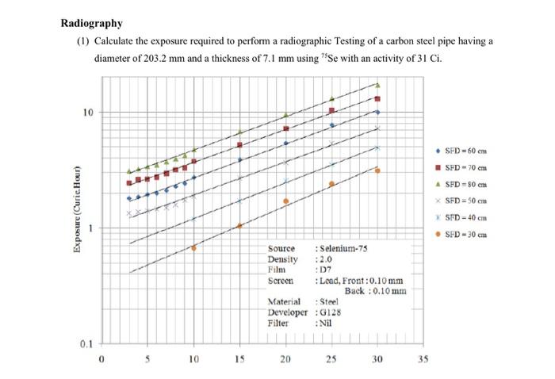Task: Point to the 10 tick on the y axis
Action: tap(88, 113)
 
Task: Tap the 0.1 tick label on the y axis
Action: tap(87, 344)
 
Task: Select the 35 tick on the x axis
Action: tap(423, 360)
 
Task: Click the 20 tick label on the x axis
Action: tap(285, 360)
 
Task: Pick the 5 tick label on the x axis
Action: tap(148, 360)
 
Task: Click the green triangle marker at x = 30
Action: tap(377, 85)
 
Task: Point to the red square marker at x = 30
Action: tap(377, 99)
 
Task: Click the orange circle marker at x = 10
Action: tap(194, 248)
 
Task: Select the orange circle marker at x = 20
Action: tap(285, 201)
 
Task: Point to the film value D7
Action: tap(324, 270)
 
